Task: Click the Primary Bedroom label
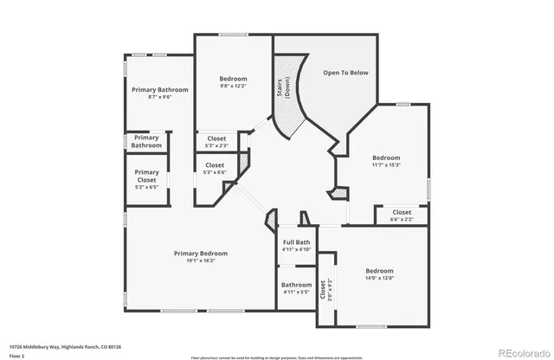click(200, 254)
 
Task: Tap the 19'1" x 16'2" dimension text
click(200, 260)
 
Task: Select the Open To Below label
click(345, 73)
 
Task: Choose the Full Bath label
click(296, 242)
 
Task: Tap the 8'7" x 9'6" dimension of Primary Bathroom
click(154, 97)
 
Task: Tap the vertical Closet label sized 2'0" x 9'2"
click(325, 289)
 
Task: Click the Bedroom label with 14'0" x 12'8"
click(379, 271)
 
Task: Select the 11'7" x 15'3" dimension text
click(386, 164)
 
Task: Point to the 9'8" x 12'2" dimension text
click(233, 86)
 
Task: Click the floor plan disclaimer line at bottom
click(276, 356)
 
